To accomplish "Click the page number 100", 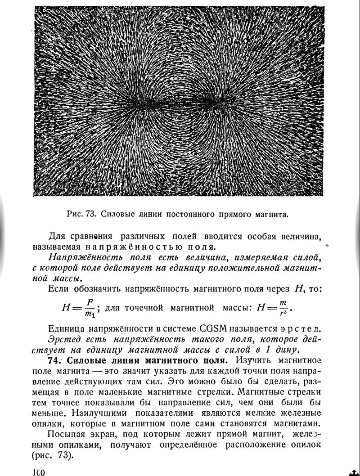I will (39, 472).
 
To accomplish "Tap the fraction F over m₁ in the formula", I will (90, 308).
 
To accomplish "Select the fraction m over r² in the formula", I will (283, 308).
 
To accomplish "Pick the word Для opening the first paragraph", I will (57, 236).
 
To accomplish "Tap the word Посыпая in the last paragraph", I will (65, 435).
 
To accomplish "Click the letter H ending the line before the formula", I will (297, 289).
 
